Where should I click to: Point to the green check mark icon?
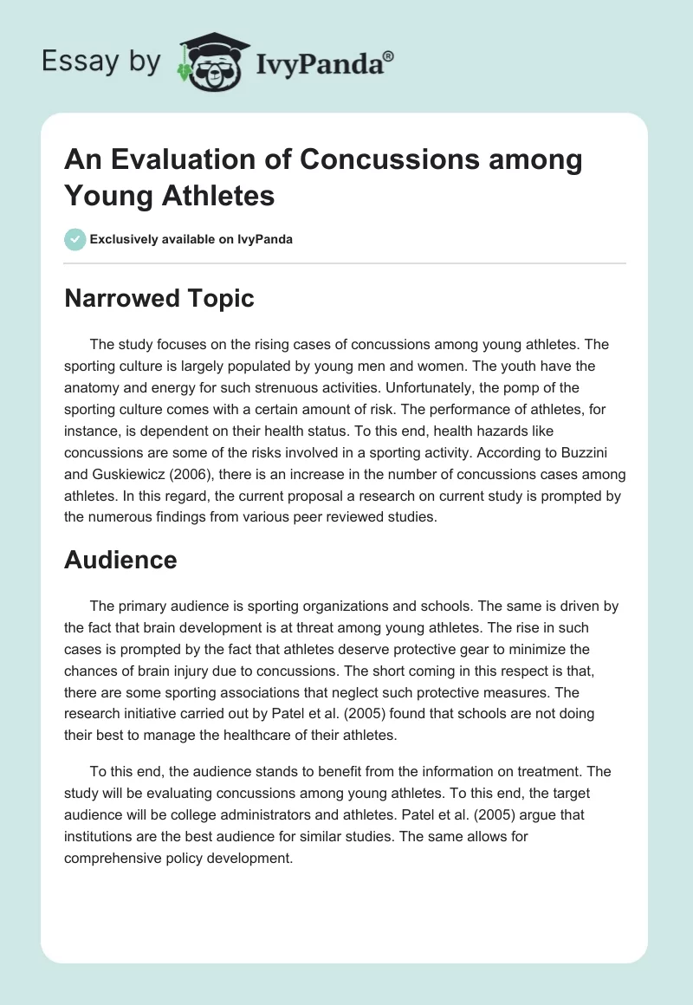pos(75,239)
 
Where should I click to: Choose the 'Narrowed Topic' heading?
pos(159,298)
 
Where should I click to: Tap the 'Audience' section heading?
pos(120,560)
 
